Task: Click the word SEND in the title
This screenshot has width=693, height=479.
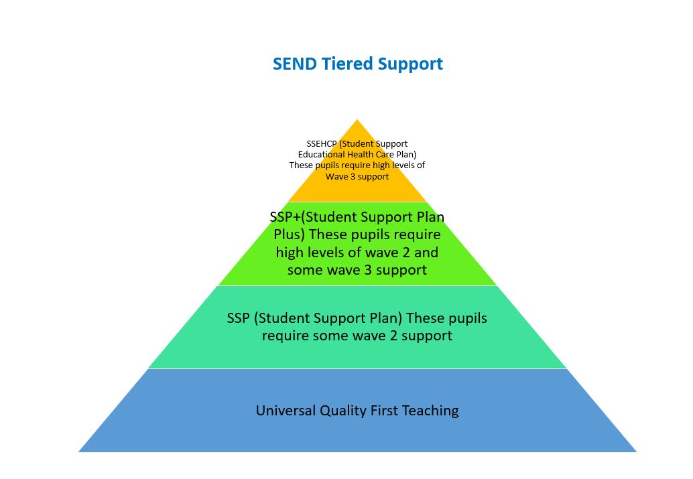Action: click(x=295, y=64)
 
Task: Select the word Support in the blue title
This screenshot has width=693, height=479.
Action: click(x=410, y=64)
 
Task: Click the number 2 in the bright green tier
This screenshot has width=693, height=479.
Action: click(x=407, y=253)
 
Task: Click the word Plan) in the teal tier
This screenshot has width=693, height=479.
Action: click(x=385, y=318)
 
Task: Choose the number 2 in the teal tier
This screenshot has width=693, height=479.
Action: click(x=393, y=335)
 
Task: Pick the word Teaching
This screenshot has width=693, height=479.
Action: click(x=430, y=410)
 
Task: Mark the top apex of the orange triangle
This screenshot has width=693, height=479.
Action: click(x=357, y=121)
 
